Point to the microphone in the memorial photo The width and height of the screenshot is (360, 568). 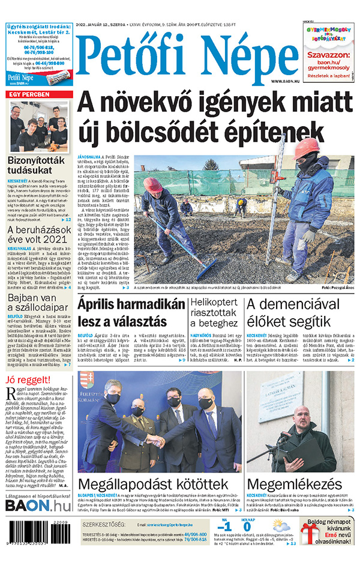click(x=284, y=437)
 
